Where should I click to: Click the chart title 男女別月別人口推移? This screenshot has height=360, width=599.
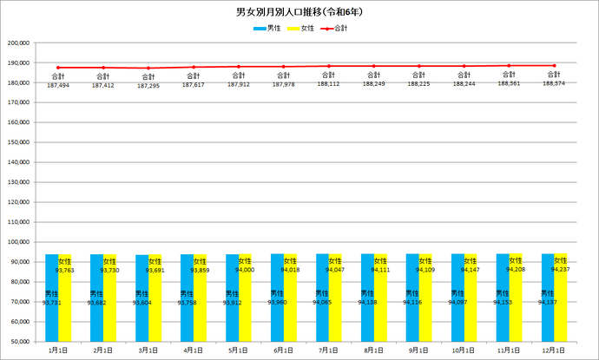(x=299, y=13)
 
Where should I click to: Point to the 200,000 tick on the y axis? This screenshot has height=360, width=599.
(x=18, y=43)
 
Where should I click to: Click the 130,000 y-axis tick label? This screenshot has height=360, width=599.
(x=18, y=181)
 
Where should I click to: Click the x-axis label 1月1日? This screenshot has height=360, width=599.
(x=58, y=350)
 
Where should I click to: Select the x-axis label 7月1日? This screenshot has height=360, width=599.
(x=328, y=350)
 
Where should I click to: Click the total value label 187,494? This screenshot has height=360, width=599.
(x=58, y=85)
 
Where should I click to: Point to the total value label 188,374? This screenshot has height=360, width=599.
(x=554, y=84)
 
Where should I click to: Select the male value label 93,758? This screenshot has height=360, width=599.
(x=188, y=303)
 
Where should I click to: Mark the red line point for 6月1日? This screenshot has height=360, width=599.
(x=283, y=67)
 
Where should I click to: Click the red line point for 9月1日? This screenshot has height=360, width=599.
(x=418, y=66)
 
